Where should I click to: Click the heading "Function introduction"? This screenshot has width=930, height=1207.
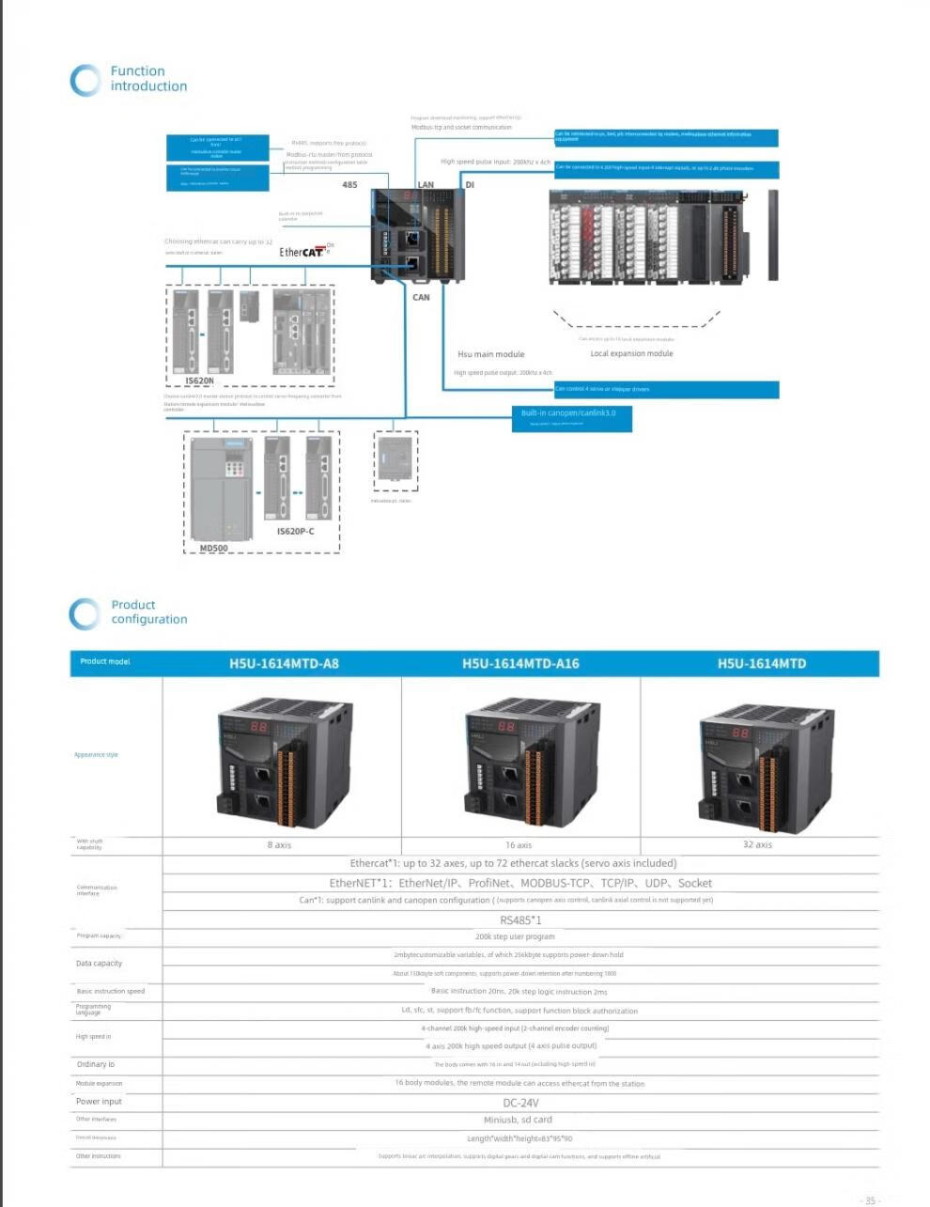147,79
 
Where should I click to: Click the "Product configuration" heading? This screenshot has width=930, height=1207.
148,612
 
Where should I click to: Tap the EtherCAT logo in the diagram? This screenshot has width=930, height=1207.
302,252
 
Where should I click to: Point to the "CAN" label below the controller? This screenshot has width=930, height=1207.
421,298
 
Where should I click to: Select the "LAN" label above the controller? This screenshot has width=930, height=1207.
426,185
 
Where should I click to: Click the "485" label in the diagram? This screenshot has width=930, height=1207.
349,185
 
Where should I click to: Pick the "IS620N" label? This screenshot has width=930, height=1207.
199,381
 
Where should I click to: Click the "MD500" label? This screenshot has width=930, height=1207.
213,549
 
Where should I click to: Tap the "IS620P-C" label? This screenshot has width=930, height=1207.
295,532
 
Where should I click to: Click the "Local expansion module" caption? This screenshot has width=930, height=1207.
631,354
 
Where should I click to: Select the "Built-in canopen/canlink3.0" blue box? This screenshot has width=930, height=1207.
571,418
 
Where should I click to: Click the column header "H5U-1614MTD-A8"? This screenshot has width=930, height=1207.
284,664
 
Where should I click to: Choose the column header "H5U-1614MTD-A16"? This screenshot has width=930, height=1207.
520,664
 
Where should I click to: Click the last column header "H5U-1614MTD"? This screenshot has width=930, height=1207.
762,664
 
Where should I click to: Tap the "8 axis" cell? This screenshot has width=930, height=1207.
279,845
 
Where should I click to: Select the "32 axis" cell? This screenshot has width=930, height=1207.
757,845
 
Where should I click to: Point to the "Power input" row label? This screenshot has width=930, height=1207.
99,1102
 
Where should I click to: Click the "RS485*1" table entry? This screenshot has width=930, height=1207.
520,921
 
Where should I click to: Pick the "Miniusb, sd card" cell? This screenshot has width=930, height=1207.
518,1120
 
